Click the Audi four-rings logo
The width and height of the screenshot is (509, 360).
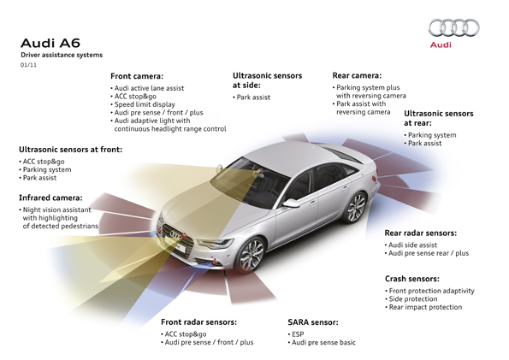coord(453,27)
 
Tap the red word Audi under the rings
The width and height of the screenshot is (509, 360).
coord(441,44)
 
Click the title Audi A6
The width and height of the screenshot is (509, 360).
coord(50,43)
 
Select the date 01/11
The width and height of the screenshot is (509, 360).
coord(28,65)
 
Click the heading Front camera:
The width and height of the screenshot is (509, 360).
coord(137,76)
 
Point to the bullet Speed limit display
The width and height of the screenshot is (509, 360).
coord(143,104)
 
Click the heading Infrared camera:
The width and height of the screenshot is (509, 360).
coord(50,198)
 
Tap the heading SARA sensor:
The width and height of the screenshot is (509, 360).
coord(313,322)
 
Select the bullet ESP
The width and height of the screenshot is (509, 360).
coord(296,334)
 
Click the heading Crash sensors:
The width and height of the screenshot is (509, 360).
coord(412,279)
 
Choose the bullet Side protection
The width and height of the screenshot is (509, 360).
coord(411,299)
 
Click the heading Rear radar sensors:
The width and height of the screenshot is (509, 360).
coord(421,233)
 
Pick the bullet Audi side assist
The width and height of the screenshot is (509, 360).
coord(411,245)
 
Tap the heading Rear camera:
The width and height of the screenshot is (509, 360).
coord(357,75)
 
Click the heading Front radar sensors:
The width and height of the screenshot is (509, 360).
coord(199,322)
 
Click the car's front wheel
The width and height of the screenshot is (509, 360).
coord(251,255)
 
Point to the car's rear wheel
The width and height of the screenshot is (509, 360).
coord(356,208)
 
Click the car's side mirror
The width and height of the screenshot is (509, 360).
coord(291,203)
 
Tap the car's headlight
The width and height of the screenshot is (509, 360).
coord(216,243)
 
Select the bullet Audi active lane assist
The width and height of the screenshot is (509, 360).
coord(147,88)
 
